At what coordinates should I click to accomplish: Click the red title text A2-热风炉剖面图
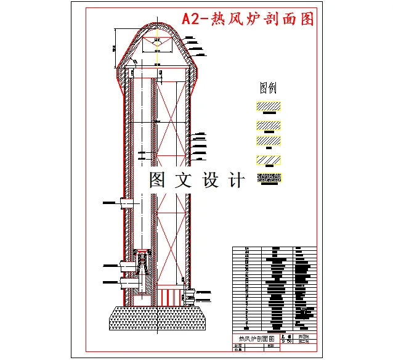pos(248,19)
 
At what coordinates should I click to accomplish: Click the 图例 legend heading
pos(267,88)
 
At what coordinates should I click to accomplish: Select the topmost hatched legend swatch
pos(267,107)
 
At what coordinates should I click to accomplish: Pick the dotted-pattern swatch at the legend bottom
pos(267,179)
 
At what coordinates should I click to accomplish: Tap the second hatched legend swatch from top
pos(267,126)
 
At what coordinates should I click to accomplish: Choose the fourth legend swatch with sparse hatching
pos(267,160)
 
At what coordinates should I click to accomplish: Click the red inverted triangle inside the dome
pos(158,43)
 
